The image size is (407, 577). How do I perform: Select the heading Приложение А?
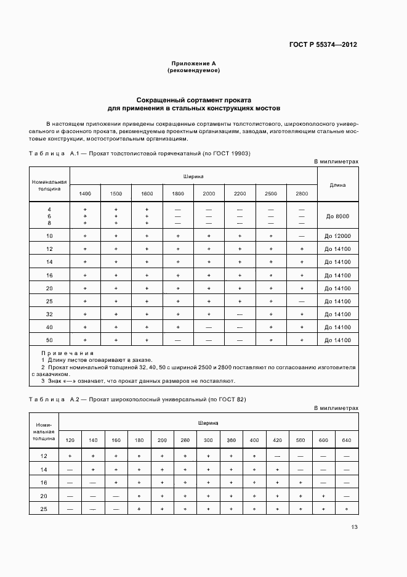point(193,63)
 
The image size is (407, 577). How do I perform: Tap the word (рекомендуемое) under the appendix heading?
point(193,70)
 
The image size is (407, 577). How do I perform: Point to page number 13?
point(354,526)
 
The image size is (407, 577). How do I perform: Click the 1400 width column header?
point(85,194)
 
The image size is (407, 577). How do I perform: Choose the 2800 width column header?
point(302,194)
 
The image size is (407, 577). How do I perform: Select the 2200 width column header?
point(240,194)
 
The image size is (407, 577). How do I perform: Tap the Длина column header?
point(337,184)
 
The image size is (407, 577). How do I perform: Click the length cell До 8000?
point(337,216)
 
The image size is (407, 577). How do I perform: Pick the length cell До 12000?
point(337,236)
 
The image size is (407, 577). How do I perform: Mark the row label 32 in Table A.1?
point(49,314)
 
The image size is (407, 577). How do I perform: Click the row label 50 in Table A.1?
point(49,340)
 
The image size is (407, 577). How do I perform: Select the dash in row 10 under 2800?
point(302,236)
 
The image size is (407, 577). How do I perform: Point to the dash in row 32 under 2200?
point(240,314)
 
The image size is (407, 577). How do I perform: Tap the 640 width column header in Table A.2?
point(347,440)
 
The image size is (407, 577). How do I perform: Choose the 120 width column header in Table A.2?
point(70,440)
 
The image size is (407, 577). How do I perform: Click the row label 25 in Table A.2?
point(44,509)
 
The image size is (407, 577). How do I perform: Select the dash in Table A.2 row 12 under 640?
point(347,456)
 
